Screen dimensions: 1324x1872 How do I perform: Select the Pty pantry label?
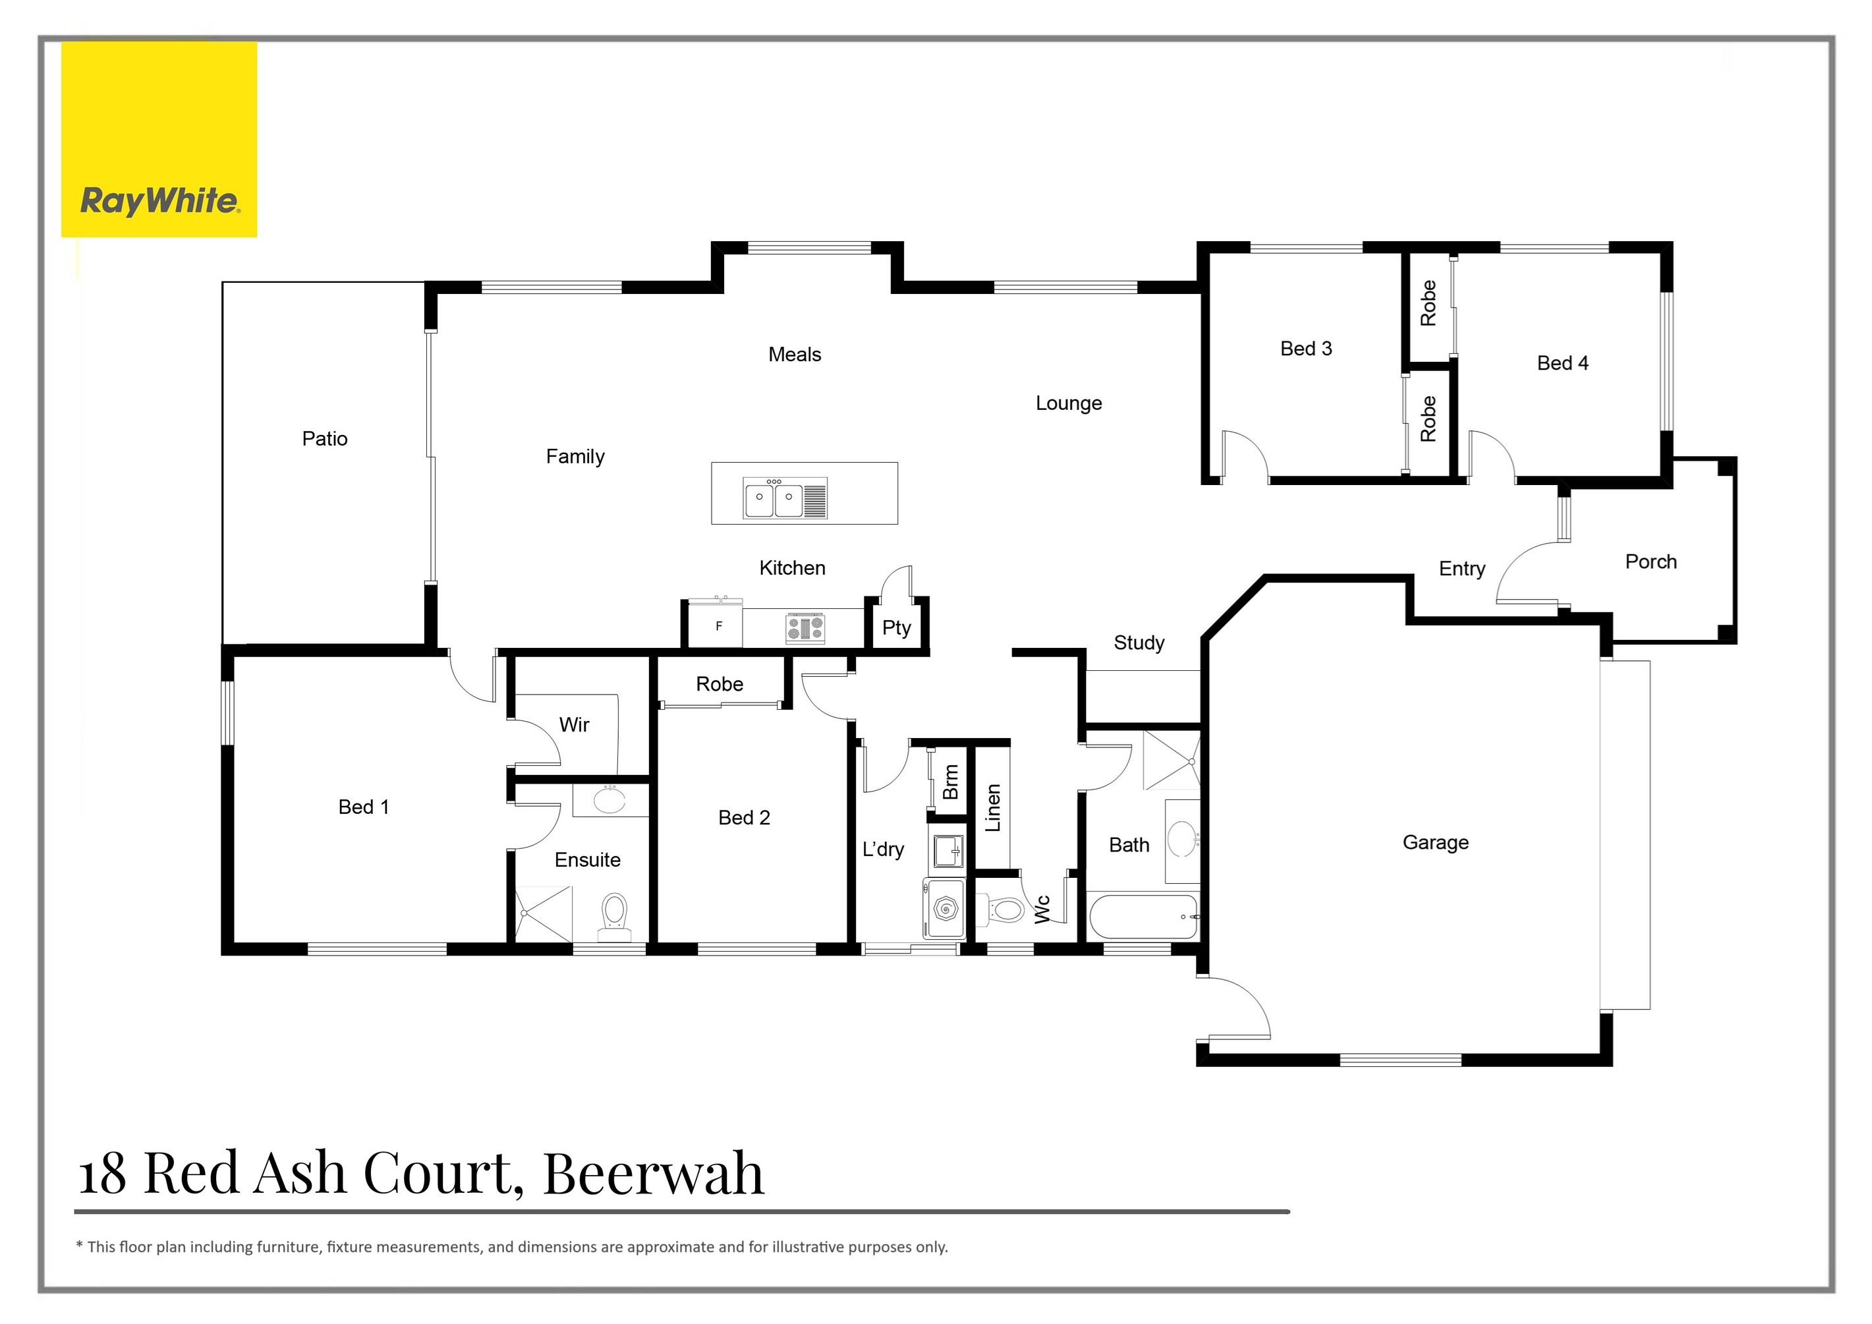click(896, 628)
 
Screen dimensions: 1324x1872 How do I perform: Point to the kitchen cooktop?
click(805, 628)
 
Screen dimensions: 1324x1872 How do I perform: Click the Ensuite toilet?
click(613, 913)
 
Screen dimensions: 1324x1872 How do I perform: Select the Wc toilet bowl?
click(1004, 909)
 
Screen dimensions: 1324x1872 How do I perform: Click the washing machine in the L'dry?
click(945, 908)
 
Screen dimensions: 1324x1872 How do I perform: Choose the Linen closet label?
click(992, 808)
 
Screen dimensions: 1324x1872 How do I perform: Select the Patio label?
click(324, 439)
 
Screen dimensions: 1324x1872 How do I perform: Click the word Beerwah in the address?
click(653, 1174)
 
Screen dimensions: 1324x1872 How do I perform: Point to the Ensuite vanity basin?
click(609, 801)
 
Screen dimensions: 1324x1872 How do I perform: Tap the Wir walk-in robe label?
click(574, 725)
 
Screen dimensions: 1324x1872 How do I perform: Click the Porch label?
click(1650, 561)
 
